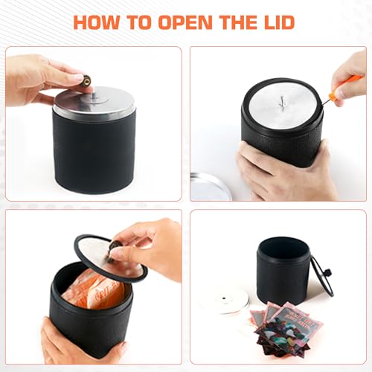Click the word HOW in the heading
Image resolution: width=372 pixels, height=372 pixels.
99,22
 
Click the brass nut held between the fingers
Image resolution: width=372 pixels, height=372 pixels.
86,80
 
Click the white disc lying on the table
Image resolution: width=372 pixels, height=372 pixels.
224,300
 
